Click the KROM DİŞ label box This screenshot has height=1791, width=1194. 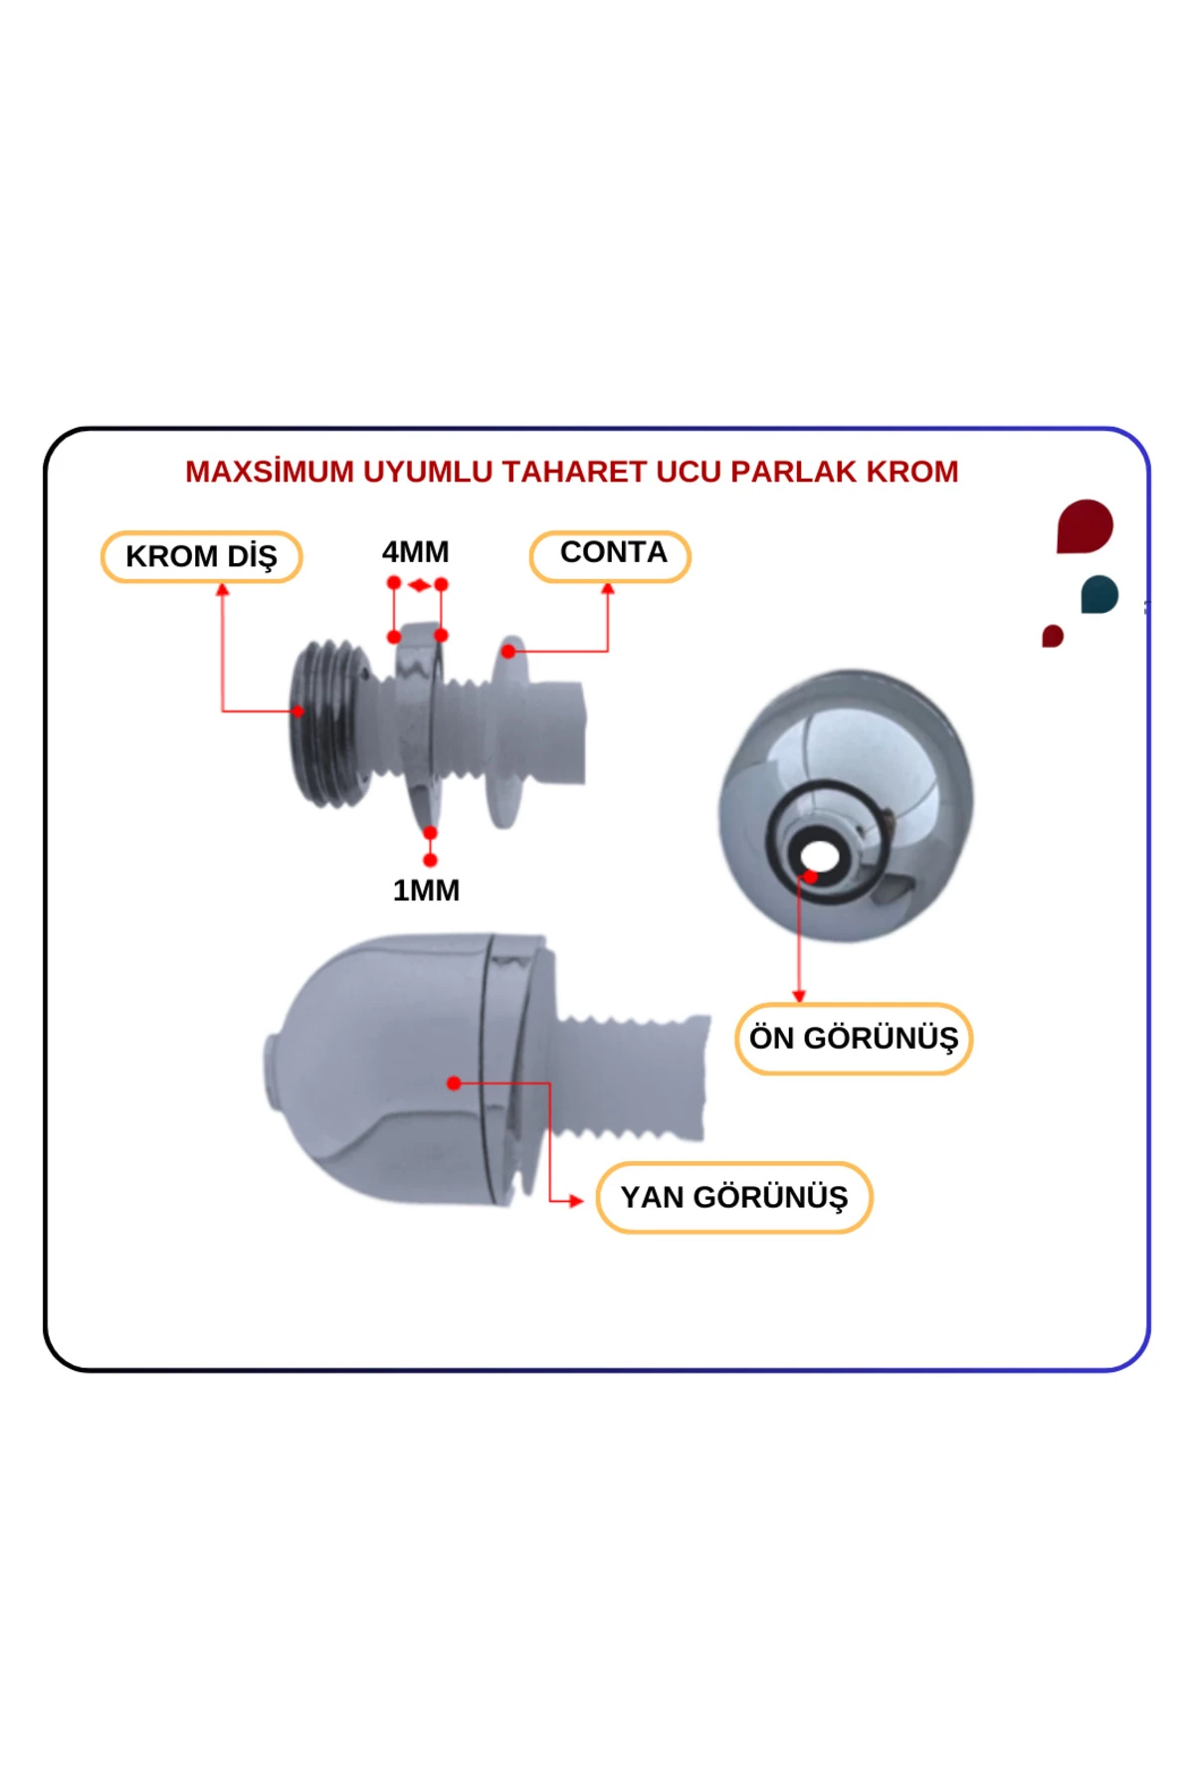click(201, 556)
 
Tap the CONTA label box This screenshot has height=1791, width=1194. click(610, 554)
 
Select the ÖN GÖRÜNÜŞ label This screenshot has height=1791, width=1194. click(853, 1038)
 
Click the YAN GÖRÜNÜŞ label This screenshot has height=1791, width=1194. click(733, 1197)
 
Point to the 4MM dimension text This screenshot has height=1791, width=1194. click(415, 551)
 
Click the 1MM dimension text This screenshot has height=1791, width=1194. click(426, 891)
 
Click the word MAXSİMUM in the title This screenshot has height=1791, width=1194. click(269, 472)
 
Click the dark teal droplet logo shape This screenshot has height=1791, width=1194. click(1099, 595)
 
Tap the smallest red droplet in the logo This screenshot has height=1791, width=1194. click(1053, 636)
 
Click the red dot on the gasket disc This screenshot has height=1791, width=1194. click(508, 652)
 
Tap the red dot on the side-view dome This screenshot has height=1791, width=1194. click(454, 1083)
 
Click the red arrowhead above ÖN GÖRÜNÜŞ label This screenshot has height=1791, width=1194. click(798, 996)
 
